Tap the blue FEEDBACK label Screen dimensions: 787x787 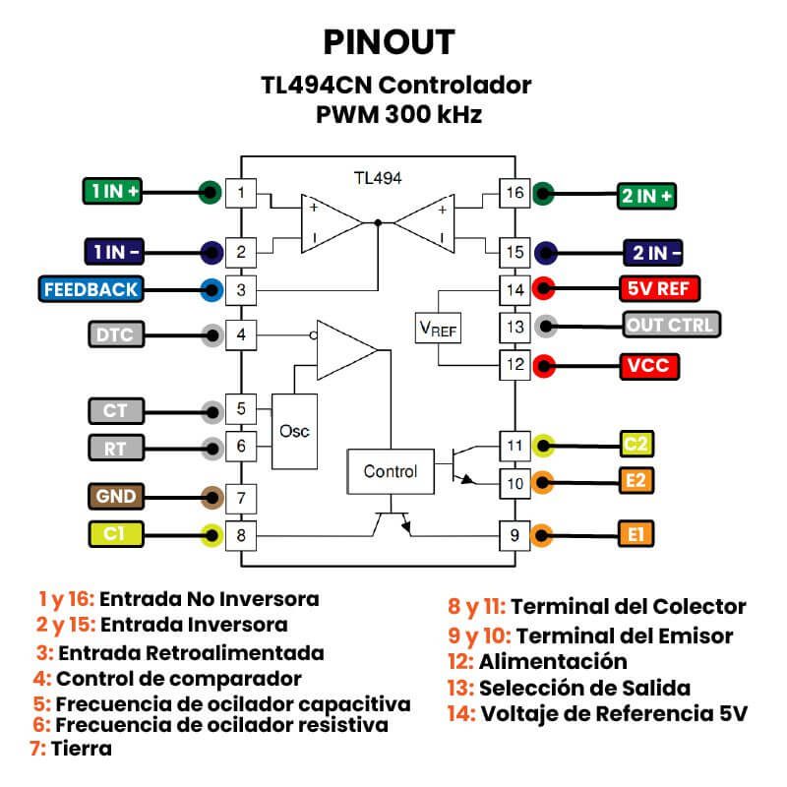tap(91, 289)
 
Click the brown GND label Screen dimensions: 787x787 tap(116, 495)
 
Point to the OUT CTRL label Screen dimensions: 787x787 tap(672, 324)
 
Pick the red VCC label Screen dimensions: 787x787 tap(648, 366)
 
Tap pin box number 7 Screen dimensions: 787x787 tap(241, 498)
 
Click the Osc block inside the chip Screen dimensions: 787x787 tap(293, 432)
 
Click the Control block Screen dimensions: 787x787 tap(391, 471)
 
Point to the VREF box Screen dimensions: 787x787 tap(439, 326)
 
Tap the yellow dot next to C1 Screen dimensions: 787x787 tap(211, 536)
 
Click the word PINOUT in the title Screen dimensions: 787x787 tap(390, 42)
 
